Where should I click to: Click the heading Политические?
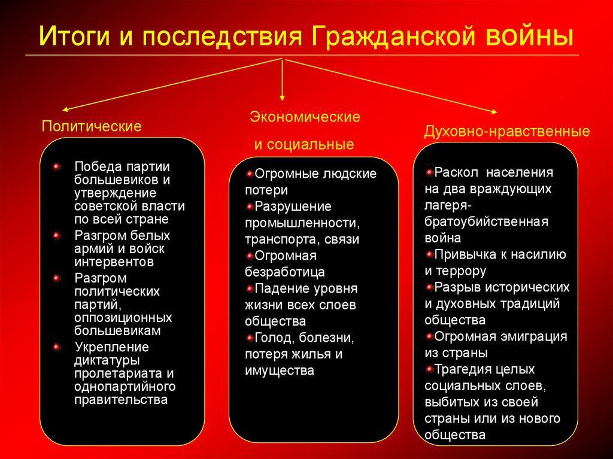[92, 126]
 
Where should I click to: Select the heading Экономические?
[305, 117]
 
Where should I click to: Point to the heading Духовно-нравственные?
[507, 131]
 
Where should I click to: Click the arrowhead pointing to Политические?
[65, 110]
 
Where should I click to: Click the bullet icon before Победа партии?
[56, 166]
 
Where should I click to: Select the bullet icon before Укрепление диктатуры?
[56, 348]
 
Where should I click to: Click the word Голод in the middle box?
[272, 338]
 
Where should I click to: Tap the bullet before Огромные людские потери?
[250, 174]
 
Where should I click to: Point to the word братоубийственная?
[487, 221]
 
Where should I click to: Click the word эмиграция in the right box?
[536, 336]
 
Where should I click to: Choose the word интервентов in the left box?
[114, 262]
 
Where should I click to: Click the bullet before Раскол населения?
[429, 172]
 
